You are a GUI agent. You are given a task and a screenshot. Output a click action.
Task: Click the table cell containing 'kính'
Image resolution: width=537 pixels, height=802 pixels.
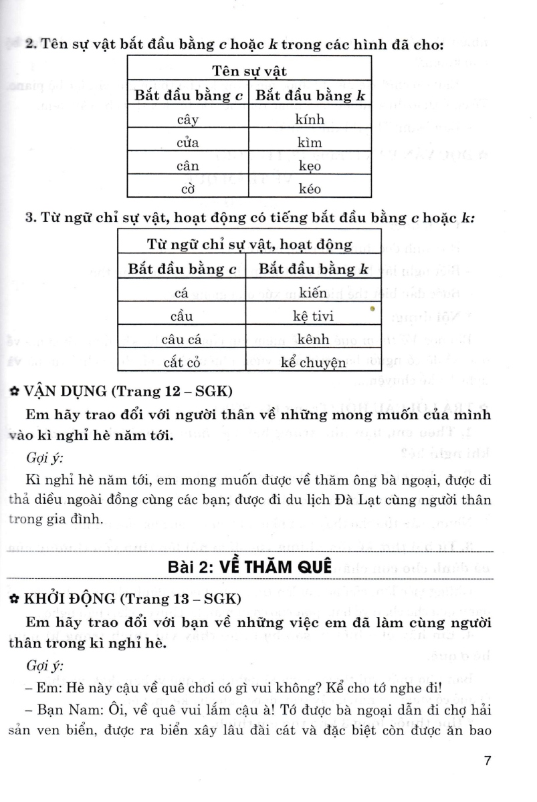[309, 120]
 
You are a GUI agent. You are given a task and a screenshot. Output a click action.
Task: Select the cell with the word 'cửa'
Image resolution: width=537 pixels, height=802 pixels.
[188, 142]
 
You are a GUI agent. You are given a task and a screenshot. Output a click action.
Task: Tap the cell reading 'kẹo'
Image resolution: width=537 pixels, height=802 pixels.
[309, 165]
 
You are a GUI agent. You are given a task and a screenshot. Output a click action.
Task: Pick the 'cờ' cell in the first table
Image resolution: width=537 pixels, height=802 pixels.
[188, 188]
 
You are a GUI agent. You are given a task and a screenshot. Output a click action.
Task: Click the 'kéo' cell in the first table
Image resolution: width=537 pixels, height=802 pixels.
[309, 188]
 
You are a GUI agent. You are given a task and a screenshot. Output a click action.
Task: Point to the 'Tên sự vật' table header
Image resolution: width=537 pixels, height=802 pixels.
[249, 71]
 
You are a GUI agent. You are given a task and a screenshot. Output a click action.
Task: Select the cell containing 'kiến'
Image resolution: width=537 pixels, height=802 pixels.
[313, 293]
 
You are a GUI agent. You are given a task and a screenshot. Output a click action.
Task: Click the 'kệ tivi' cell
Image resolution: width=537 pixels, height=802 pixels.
[313, 316]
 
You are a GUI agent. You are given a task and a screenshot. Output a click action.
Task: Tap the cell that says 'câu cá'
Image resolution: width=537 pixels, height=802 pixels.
[181, 340]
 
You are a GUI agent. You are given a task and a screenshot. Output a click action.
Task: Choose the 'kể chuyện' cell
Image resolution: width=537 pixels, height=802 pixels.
[313, 363]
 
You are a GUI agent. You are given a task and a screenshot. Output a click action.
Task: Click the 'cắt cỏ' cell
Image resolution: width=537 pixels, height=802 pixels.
[181, 363]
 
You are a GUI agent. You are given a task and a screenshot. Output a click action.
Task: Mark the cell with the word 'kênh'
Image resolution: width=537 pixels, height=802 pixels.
[313, 340]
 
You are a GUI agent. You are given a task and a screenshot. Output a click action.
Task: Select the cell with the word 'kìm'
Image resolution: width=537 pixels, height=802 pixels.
[309, 142]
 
